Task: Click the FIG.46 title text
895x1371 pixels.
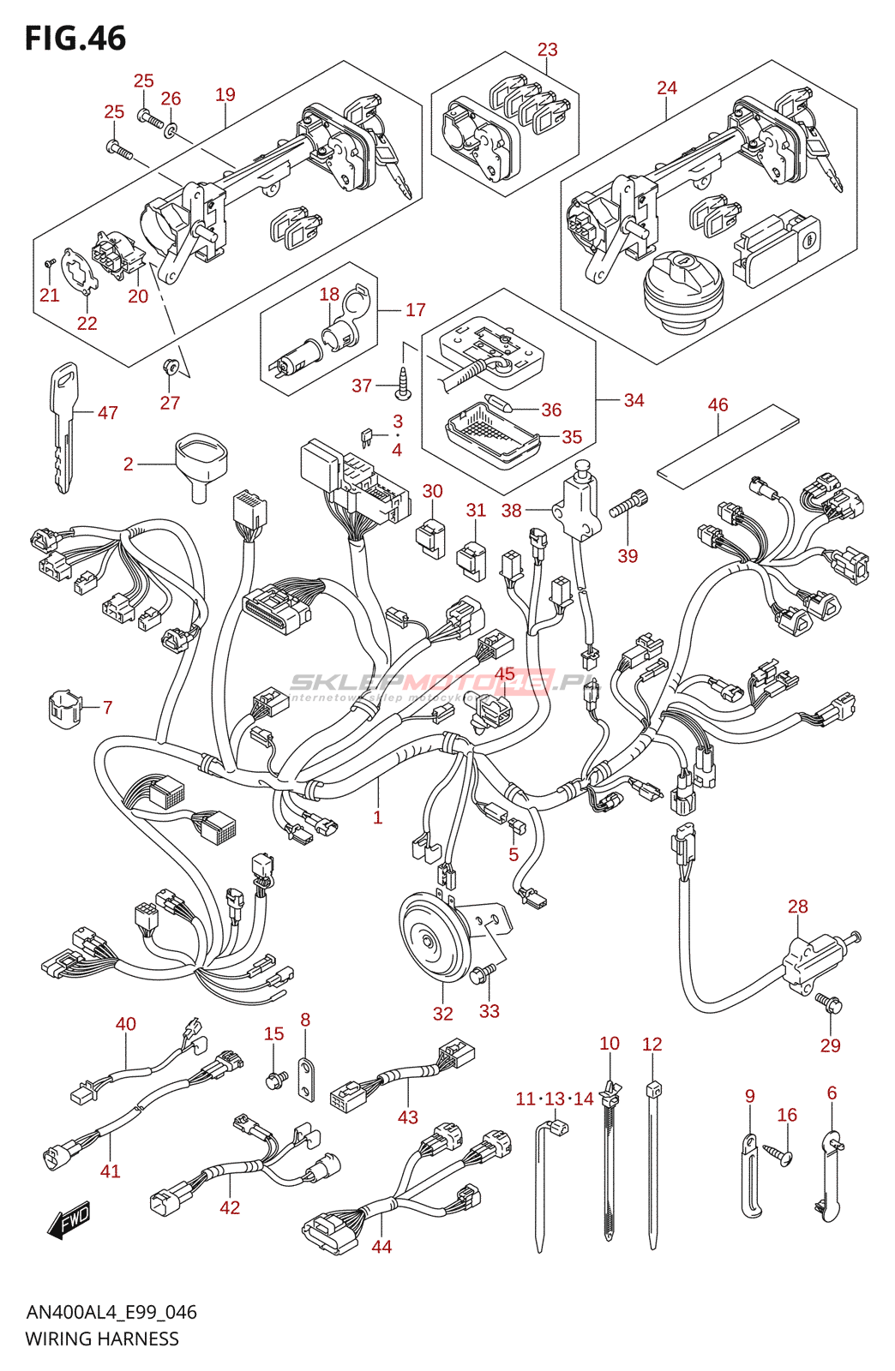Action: [75, 39]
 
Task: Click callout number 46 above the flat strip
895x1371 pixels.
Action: [718, 404]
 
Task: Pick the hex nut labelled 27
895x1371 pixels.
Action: [171, 367]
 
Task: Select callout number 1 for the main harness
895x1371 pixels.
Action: [377, 817]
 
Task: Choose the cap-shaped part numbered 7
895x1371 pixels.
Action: [63, 707]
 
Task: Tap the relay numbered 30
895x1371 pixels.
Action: [431, 537]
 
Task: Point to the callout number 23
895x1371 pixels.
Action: [547, 50]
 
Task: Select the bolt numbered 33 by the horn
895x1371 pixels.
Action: [483, 973]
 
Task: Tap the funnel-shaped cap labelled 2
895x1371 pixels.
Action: [202, 463]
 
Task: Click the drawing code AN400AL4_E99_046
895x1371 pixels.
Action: [111, 1312]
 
